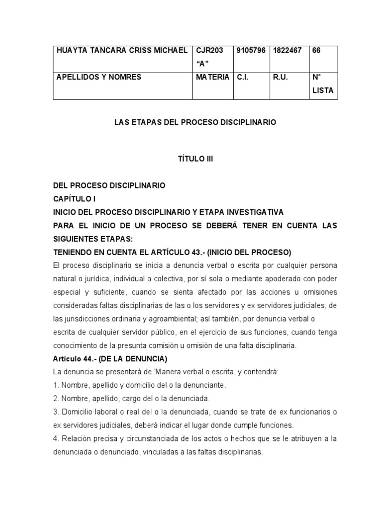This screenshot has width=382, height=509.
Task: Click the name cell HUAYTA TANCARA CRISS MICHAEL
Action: (122, 51)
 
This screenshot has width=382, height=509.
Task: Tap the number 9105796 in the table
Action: (251, 51)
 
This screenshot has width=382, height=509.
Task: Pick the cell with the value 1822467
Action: (287, 51)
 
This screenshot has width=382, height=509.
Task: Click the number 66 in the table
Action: (316, 51)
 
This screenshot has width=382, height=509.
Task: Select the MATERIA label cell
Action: (212, 77)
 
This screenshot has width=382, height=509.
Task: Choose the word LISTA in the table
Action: (323, 91)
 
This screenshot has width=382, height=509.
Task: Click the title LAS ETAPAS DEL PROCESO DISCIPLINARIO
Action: (194, 122)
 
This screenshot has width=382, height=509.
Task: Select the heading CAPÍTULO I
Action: (74, 198)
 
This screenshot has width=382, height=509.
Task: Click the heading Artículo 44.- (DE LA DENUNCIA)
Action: (110, 358)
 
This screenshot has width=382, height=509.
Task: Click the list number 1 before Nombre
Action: (55, 385)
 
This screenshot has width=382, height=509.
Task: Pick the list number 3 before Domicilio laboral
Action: (55, 412)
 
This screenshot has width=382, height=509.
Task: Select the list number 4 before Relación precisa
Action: (55, 438)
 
